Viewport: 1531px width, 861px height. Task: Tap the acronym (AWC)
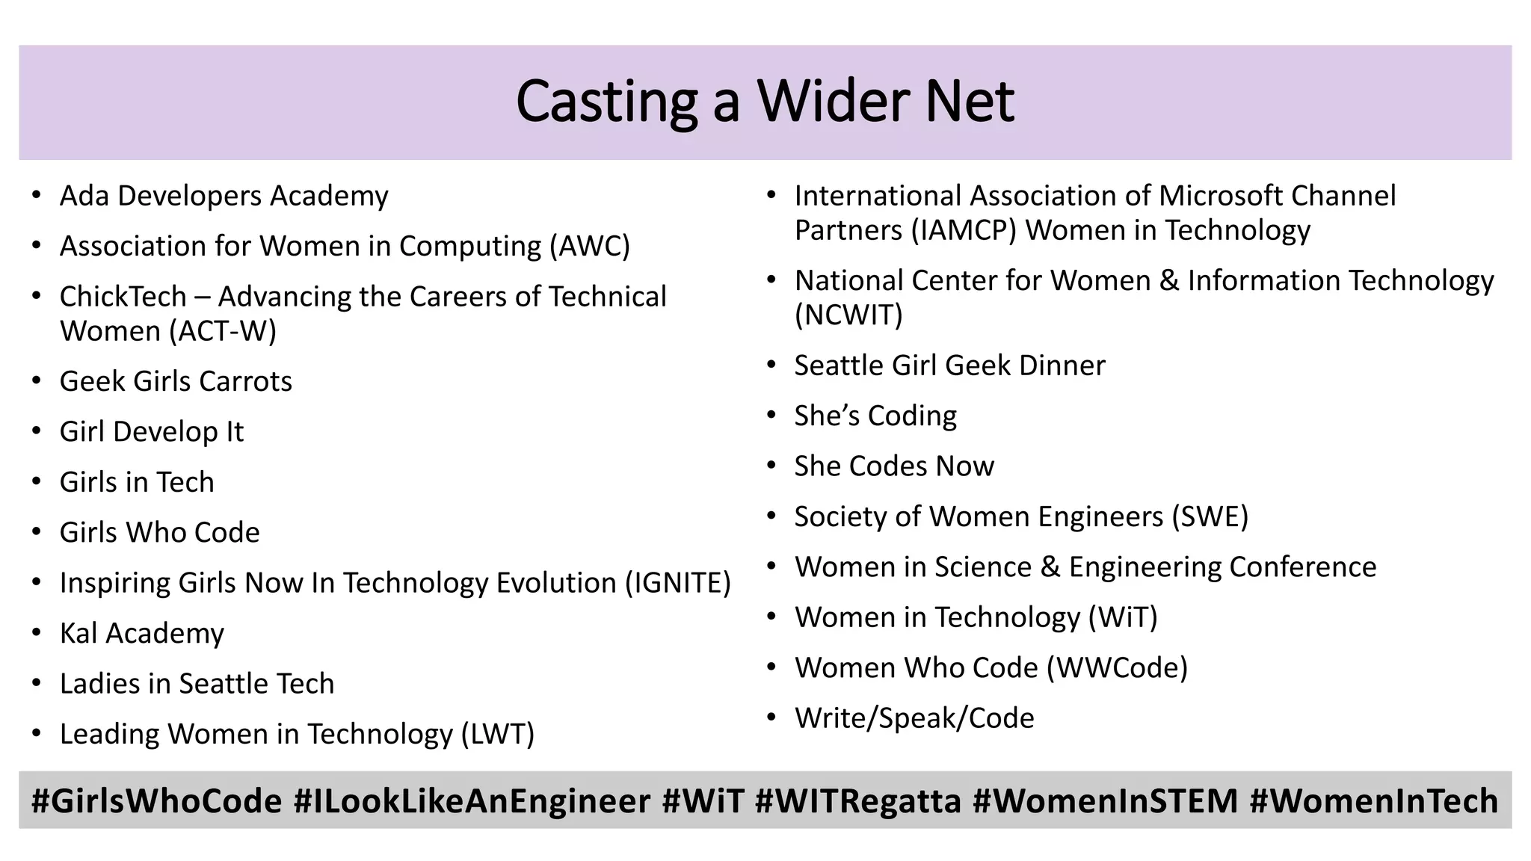(x=590, y=246)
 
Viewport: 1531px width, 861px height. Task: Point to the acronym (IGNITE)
(x=677, y=583)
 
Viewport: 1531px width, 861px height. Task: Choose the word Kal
(x=78, y=633)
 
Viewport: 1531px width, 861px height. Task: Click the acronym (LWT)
(x=497, y=734)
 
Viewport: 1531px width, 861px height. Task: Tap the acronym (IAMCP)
(x=964, y=230)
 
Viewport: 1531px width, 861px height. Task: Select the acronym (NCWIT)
(x=848, y=315)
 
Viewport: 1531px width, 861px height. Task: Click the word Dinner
(x=1062, y=365)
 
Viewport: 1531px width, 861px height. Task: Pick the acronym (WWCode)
(x=1117, y=667)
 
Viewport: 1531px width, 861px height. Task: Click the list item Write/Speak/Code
(x=914, y=718)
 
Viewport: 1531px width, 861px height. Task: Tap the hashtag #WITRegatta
(x=857, y=801)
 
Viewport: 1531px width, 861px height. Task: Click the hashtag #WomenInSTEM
(x=1105, y=801)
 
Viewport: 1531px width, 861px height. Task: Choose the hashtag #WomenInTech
(x=1373, y=801)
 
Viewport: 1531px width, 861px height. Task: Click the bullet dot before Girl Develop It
(x=37, y=432)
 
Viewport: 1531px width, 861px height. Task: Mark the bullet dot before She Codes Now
(x=772, y=466)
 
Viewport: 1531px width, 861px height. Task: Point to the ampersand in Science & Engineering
(x=1050, y=567)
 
